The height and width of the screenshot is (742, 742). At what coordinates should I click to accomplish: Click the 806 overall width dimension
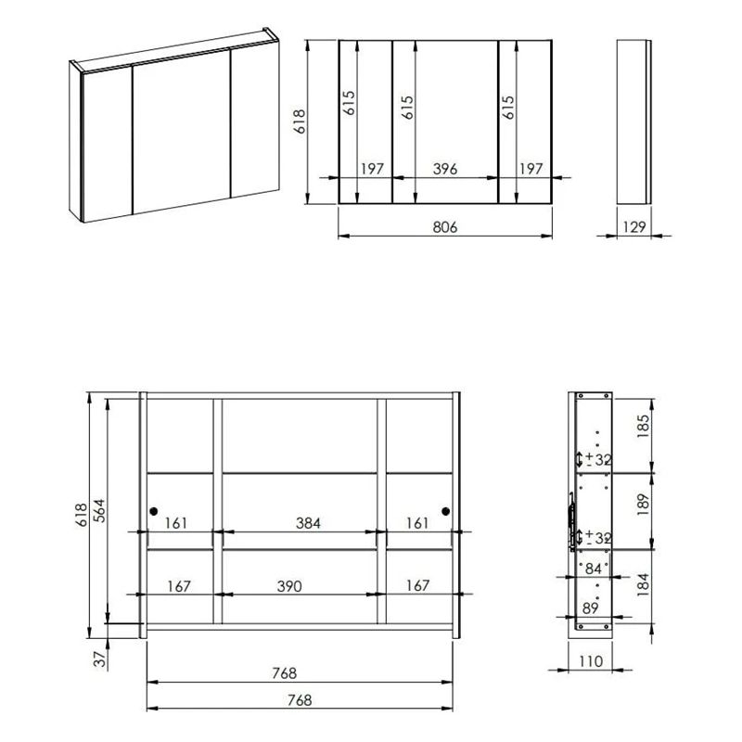445,226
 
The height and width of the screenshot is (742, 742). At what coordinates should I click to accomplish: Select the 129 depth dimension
635,226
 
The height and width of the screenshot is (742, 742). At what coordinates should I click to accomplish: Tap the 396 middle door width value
445,168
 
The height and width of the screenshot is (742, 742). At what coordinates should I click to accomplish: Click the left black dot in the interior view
154,511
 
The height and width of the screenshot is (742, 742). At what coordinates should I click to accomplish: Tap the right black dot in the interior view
445,511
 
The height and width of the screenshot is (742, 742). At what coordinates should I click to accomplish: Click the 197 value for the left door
372,168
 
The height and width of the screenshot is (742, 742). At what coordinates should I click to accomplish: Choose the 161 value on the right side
417,523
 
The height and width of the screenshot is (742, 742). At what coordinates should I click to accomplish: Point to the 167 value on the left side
179,586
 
